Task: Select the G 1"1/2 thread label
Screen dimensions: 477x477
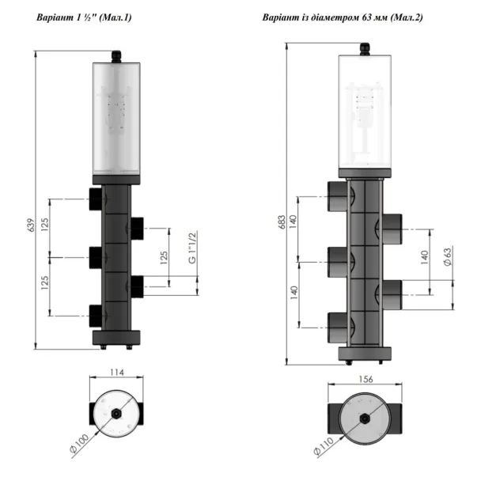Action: tap(191, 250)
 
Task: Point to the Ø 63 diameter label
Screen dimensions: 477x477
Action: tap(448, 257)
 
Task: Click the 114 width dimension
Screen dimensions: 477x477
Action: tap(116, 372)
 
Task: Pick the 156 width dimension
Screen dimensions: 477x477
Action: tap(365, 378)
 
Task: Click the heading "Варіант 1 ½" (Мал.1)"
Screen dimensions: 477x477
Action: tap(85, 17)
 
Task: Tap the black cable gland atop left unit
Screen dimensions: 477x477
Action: tap(116, 57)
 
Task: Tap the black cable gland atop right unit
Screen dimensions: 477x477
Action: tap(365, 49)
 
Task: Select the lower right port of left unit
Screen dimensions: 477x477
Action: tap(138, 284)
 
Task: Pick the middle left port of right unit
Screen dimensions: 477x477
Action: tap(337, 257)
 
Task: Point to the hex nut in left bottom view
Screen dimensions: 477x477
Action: tap(116, 414)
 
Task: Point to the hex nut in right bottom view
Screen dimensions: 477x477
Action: tap(365, 418)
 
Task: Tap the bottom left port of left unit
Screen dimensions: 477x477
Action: tap(95, 315)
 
